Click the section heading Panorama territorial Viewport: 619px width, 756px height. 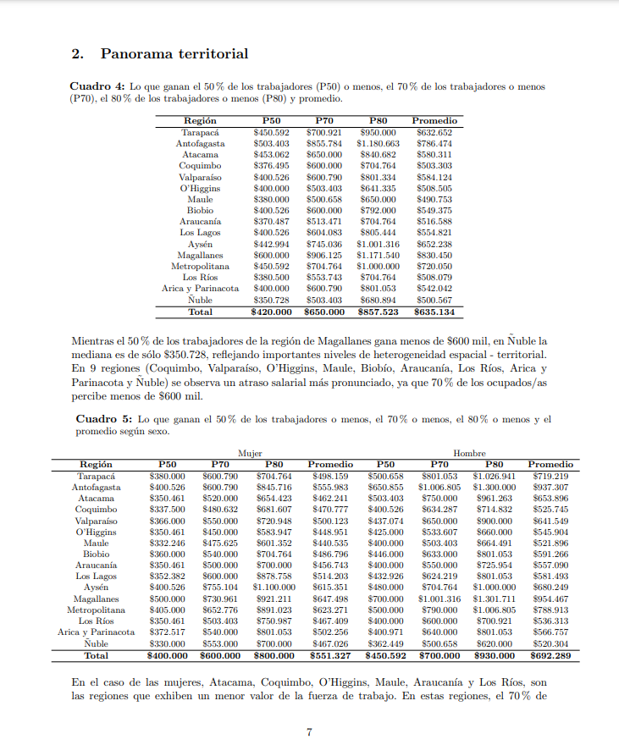[x=174, y=54]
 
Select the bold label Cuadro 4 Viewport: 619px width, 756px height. [x=97, y=86]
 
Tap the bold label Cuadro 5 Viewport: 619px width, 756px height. [x=104, y=419]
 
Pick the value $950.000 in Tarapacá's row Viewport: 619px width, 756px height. [x=378, y=133]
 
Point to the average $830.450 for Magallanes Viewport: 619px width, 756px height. [x=434, y=256]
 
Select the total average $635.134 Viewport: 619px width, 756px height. [x=434, y=312]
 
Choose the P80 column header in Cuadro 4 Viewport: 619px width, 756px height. [x=378, y=121]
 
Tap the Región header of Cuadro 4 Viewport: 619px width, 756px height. [x=200, y=121]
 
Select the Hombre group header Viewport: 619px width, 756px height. [x=469, y=454]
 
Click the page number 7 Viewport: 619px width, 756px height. [x=310, y=732]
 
